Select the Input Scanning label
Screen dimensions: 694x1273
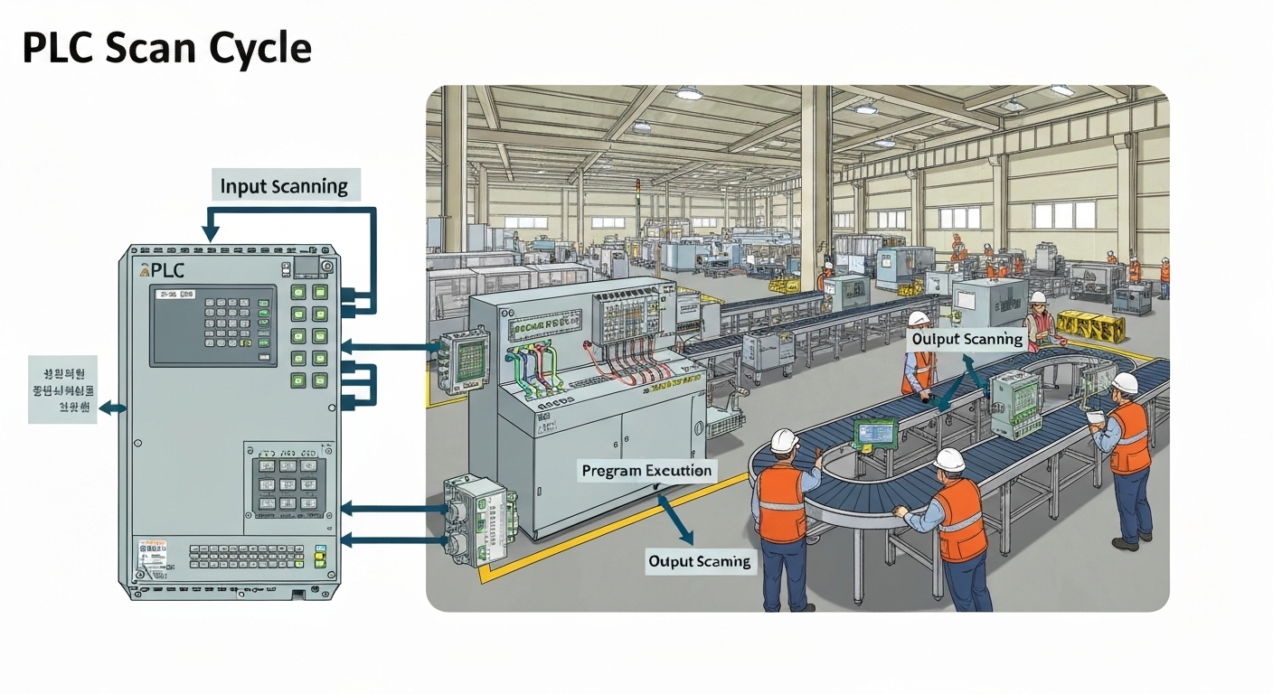pos(284,186)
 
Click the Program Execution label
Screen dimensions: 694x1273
pos(646,471)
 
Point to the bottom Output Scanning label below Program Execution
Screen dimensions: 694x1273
pos(699,561)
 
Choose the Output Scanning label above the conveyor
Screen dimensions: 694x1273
pos(967,339)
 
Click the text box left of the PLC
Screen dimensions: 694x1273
pos(62,389)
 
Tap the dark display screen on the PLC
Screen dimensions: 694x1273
pos(213,325)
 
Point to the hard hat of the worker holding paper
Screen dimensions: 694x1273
pos(1124,383)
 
